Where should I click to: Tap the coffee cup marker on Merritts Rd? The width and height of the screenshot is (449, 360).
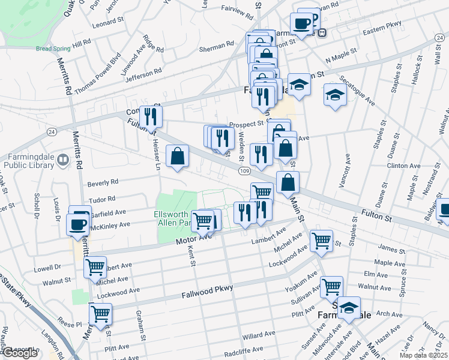point(79,224)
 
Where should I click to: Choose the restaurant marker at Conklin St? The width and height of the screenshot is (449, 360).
point(151,116)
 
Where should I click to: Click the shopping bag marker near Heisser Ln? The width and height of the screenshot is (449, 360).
point(178,157)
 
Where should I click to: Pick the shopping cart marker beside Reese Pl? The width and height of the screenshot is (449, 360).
point(100,313)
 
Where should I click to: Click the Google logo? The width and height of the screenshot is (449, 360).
point(20,353)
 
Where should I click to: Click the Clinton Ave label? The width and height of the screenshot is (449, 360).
point(403,165)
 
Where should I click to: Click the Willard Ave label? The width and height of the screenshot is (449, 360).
point(259,332)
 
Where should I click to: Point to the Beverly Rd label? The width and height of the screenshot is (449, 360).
point(103,181)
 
